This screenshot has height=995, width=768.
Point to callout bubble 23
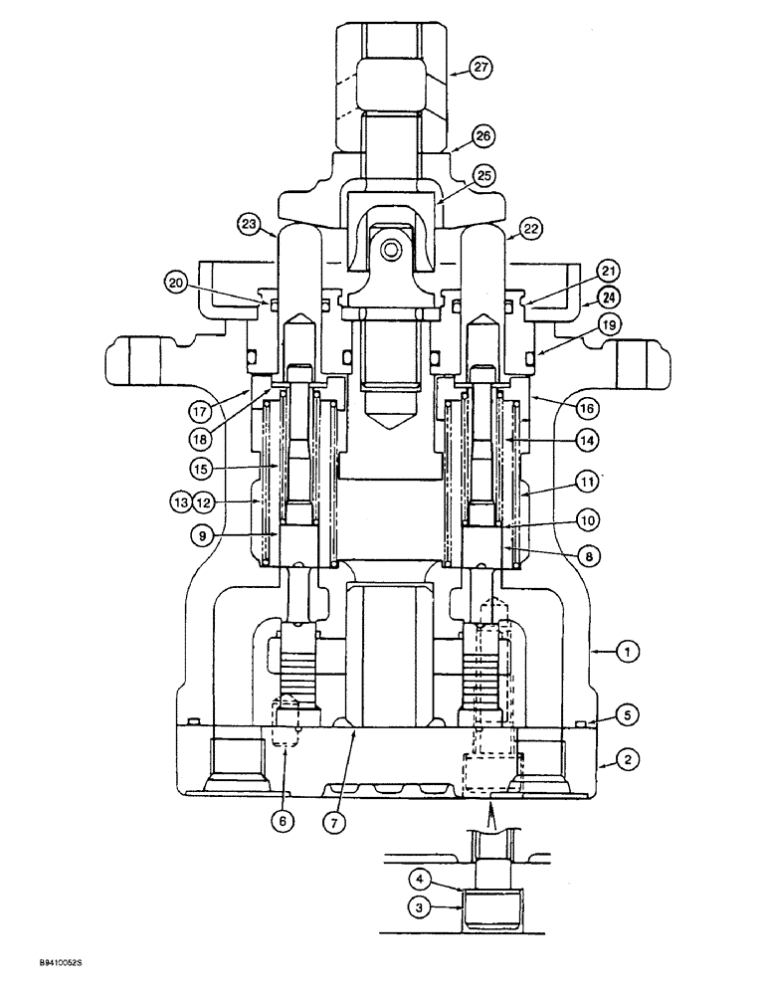tap(248, 224)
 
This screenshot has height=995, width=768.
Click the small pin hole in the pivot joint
tap(390, 249)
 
